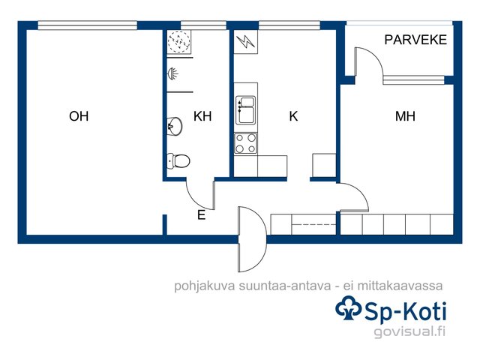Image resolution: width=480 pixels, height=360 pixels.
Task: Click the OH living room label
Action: [x=79, y=116]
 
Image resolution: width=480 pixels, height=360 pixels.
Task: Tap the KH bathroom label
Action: [x=202, y=116]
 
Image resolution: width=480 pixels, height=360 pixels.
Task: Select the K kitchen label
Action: [x=293, y=116]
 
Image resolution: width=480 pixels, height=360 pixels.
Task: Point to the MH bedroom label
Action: [x=405, y=116]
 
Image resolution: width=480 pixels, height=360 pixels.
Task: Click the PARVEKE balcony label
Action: [x=415, y=40]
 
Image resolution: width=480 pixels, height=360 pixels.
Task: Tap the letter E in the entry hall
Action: [x=201, y=215]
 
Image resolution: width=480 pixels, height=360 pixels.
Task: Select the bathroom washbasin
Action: [x=175, y=125]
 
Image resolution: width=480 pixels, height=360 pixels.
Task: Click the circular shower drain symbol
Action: [x=178, y=41]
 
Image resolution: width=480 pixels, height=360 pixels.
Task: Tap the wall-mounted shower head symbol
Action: [x=172, y=73]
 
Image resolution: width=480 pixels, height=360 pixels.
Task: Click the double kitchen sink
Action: [x=245, y=110]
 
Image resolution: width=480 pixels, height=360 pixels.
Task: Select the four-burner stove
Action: [x=245, y=143]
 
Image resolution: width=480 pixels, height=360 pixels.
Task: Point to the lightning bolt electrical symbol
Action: [x=245, y=42]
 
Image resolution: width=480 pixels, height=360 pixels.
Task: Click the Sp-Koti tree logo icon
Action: [x=348, y=307]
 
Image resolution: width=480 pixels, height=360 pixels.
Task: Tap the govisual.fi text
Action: [x=409, y=331]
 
